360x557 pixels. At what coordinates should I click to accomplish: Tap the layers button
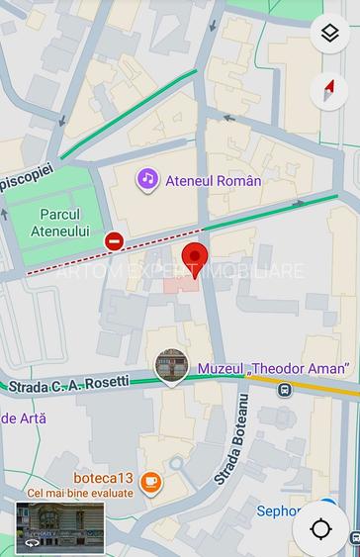[x=329, y=34]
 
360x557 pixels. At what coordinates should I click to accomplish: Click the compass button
[x=329, y=91]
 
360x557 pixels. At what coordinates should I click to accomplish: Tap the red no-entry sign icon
[x=115, y=240]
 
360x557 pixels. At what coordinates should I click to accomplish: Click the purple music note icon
[x=147, y=179]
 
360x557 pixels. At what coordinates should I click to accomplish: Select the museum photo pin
[x=172, y=367]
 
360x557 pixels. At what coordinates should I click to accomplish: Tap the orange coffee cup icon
[x=150, y=482]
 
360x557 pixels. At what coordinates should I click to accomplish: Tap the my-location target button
[x=320, y=528]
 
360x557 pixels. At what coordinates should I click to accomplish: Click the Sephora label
[x=279, y=511]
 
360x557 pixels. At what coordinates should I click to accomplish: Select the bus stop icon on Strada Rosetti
[x=284, y=390]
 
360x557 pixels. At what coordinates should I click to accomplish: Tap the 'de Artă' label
[x=23, y=418]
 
